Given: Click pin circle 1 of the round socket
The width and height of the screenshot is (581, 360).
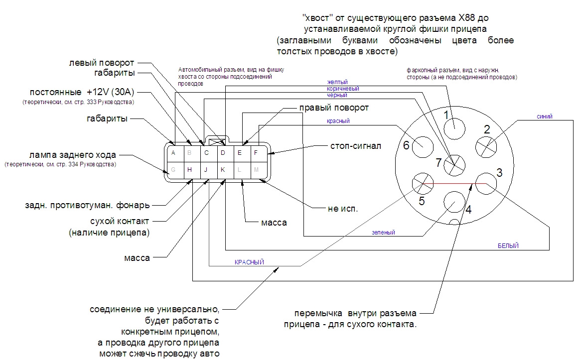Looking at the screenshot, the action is tap(454, 128).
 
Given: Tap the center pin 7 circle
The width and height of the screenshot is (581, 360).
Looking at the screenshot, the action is tap(454, 165).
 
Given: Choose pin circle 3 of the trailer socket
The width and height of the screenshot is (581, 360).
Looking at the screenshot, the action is tap(486, 183).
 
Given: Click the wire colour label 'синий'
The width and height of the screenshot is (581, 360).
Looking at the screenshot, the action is tap(544, 117).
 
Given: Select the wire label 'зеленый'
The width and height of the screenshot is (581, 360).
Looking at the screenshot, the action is tap(384, 233).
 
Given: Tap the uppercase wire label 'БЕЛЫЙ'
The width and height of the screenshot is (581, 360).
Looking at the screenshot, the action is tap(508, 245).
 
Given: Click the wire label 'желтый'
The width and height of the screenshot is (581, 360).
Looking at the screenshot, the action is tap(337, 82).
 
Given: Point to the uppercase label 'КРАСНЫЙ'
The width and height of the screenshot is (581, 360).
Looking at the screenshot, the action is tap(249, 262).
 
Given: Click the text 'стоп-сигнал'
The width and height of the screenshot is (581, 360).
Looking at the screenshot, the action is tap(356, 146).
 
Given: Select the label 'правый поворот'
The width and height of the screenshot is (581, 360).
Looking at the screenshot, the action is tap(334, 108).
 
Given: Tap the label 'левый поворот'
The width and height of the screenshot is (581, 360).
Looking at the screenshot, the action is tap(102, 63).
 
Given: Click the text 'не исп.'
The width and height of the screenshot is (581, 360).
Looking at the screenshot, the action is tap(343, 209).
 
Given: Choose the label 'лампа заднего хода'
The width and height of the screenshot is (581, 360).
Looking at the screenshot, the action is tap(73, 155).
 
